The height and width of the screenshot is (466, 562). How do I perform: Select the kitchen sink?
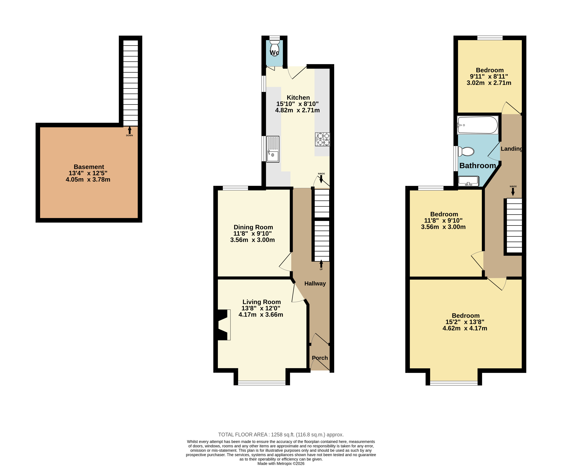[273, 149]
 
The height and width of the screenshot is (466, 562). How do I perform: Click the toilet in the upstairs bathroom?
[466, 151]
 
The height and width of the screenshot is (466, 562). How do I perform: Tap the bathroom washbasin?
[468, 181]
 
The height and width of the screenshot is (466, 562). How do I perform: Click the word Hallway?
[315, 283]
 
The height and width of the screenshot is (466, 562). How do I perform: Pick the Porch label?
[320, 358]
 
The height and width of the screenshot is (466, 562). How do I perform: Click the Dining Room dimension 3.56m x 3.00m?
[252, 240]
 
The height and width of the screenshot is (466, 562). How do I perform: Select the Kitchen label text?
[298, 97]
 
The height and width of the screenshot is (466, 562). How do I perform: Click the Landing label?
[511, 149]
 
